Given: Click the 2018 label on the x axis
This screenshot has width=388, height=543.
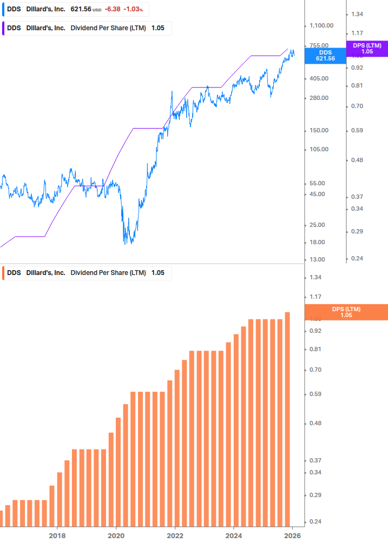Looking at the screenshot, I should click(57, 535).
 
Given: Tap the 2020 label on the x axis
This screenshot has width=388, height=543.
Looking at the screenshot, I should click(116, 535).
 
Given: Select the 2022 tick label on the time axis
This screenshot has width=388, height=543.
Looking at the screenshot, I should click(175, 535).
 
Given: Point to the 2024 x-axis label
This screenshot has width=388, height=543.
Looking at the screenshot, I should click(233, 535).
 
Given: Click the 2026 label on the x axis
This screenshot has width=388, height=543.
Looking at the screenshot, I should click(292, 535).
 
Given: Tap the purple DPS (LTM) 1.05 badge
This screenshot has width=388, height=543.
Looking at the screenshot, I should click(367, 49).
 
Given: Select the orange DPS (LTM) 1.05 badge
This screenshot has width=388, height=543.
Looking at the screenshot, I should click(346, 312).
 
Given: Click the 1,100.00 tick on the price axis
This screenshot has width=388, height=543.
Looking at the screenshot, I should click(321, 25).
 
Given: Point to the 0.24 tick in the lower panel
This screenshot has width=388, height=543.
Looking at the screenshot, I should click(315, 522).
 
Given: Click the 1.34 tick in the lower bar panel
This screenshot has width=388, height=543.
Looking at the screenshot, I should click(315, 277).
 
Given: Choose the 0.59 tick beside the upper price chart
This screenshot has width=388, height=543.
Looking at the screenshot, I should click(356, 130).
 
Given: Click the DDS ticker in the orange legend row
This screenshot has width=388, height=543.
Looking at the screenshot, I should click(14, 273).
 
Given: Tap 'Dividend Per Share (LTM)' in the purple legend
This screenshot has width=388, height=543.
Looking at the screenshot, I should click(108, 28).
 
